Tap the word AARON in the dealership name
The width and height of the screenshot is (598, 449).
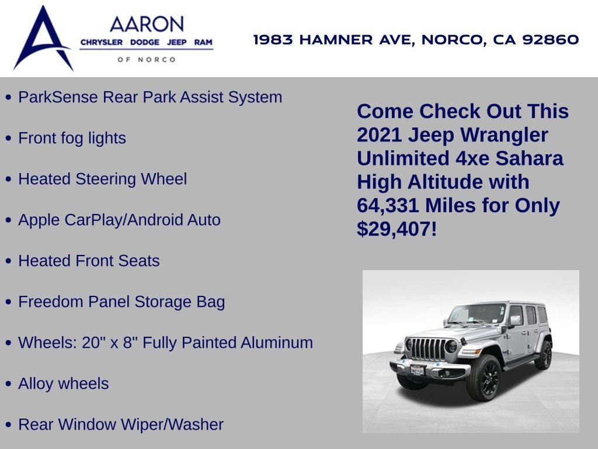[x=147, y=25]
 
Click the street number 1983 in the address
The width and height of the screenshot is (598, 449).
[x=273, y=39]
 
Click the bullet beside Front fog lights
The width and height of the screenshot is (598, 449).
[x=9, y=138]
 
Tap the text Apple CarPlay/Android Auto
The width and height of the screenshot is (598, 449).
[x=119, y=220]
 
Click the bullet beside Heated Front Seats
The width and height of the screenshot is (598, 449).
[x=9, y=261]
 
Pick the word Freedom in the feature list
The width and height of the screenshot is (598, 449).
[x=51, y=302]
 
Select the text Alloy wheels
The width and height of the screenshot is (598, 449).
[x=63, y=384]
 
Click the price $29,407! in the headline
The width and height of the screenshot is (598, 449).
[x=397, y=229]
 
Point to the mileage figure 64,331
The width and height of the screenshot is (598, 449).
[x=388, y=205]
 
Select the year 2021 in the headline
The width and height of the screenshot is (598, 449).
[x=379, y=135]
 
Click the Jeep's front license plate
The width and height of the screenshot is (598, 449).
[x=417, y=369]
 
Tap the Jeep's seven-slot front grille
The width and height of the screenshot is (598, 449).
[x=426, y=349]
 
